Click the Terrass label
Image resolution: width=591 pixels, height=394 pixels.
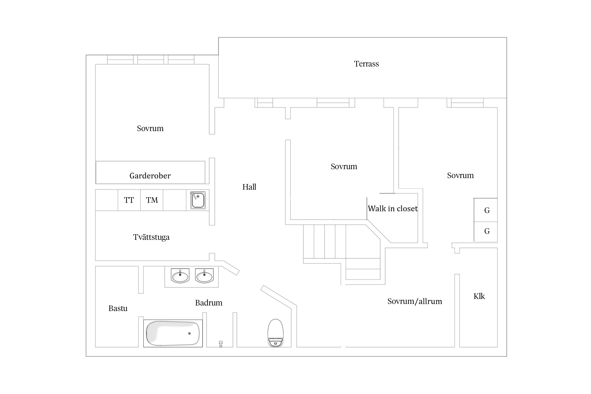(366, 64)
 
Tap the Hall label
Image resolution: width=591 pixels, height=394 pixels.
(249, 187)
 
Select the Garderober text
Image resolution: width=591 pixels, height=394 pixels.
(150, 176)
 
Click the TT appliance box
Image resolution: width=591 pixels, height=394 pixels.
(129, 200)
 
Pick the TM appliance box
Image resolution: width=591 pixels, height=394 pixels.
(152, 200)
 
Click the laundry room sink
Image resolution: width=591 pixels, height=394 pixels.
(198, 200)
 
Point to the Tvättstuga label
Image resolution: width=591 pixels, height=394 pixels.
(151, 237)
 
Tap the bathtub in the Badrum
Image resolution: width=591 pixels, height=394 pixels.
(173, 333)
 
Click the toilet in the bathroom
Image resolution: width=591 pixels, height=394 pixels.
(276, 333)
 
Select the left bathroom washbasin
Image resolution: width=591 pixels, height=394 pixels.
(180, 276)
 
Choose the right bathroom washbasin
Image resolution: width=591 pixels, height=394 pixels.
(204, 276)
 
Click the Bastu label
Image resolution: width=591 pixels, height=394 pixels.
(118, 308)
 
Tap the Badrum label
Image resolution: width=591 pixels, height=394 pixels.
(209, 303)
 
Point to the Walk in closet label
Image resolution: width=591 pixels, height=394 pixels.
(393, 209)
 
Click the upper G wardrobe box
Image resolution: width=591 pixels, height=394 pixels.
(486, 210)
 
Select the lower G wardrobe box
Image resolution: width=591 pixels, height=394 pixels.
(486, 232)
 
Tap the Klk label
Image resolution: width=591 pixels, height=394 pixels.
(479, 296)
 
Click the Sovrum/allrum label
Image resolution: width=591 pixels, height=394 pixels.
(415, 301)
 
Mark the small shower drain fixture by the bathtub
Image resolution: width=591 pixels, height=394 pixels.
(221, 344)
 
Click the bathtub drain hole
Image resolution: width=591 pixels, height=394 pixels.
(189, 334)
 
